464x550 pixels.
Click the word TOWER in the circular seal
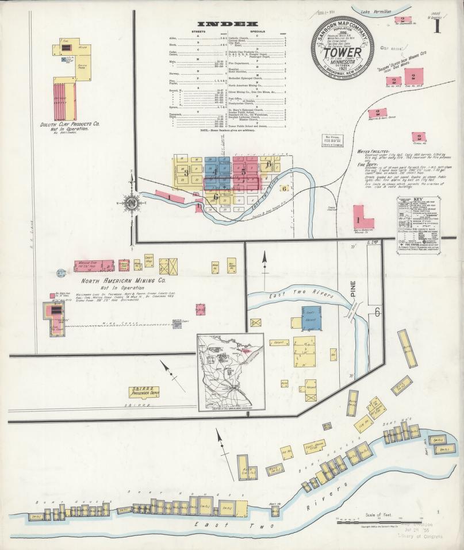pyautogui.click(x=343, y=53)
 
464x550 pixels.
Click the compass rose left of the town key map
pyautogui.click(x=132, y=202)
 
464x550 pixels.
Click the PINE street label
pyautogui.click(x=354, y=289)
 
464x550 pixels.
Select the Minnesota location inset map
pyautogui.click(x=231, y=372)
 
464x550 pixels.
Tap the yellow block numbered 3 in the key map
pyautogui.click(x=186, y=172)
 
